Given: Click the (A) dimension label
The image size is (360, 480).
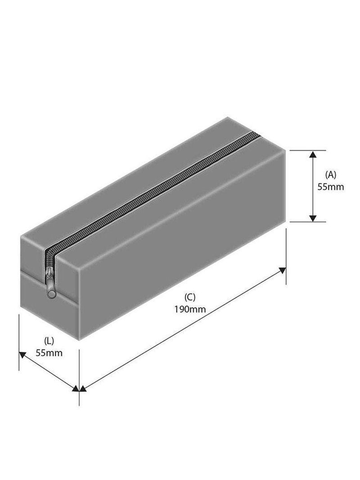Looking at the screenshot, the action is [x=330, y=175].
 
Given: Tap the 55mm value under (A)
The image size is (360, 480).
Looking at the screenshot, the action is [x=330, y=187].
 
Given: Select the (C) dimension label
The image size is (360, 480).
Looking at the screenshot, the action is [x=189, y=297].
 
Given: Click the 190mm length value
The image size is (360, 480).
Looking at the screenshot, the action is [x=190, y=309].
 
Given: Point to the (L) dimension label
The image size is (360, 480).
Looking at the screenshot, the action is [x=49, y=340].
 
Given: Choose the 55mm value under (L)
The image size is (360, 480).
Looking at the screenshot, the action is [x=49, y=353].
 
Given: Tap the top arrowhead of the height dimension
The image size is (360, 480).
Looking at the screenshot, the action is [x=312, y=154].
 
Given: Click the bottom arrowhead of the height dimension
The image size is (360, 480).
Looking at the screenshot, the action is [x=312, y=218].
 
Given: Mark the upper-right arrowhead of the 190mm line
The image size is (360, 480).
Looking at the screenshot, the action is [x=283, y=270].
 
